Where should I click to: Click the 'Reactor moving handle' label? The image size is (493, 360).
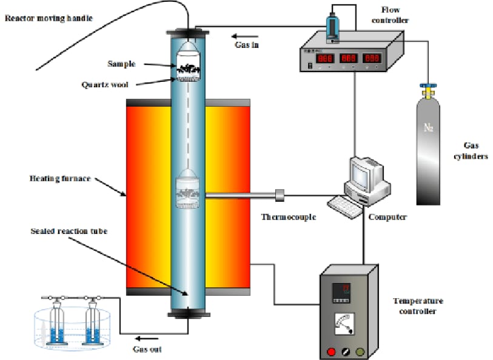[49, 18]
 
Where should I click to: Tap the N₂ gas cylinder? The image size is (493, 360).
[430, 152]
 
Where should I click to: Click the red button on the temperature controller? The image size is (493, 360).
[331, 351]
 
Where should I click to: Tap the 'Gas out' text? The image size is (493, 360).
[147, 349]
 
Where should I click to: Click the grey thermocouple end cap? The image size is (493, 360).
[279, 195]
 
